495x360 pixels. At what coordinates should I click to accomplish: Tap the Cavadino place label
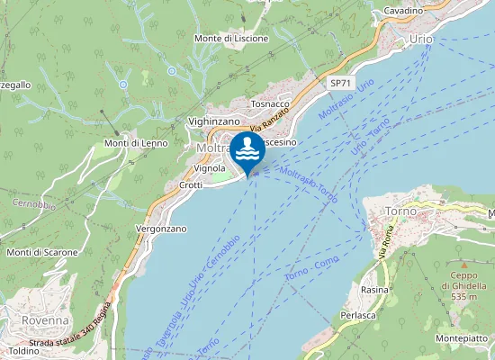403,11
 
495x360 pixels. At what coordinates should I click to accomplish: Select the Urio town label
420,40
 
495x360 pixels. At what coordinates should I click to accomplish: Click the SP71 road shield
339,83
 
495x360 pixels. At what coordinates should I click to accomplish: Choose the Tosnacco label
271,104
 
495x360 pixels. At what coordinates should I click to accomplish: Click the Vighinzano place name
214,121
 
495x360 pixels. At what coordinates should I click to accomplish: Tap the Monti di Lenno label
136,143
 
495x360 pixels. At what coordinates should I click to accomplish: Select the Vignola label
210,168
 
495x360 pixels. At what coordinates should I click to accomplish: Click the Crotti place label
191,185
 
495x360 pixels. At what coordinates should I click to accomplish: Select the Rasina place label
374,290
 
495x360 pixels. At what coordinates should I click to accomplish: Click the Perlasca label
356,316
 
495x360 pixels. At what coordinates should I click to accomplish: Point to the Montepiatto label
462,337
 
